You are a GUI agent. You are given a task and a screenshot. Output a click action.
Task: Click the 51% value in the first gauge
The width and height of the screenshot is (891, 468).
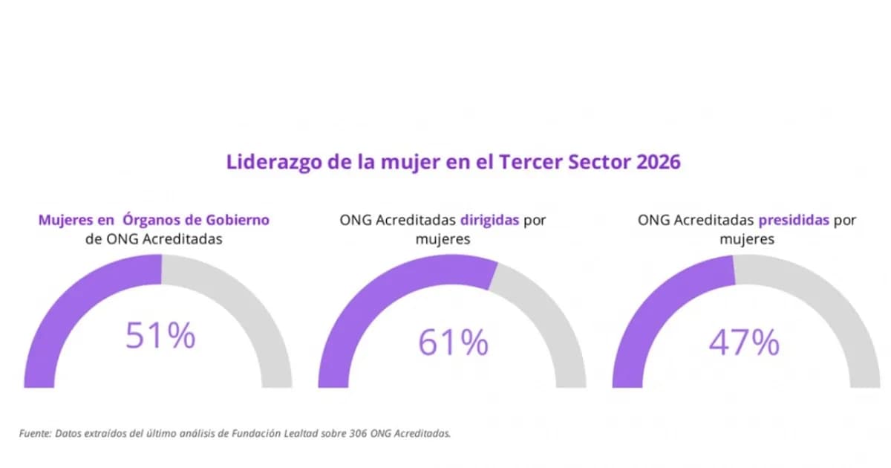[160, 335]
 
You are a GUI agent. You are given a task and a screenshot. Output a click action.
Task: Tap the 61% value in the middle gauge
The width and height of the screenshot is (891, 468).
[453, 342]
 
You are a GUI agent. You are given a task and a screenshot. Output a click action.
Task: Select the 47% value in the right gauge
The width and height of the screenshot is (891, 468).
[744, 342]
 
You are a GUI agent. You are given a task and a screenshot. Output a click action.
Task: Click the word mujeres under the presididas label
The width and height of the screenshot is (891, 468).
[747, 239]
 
